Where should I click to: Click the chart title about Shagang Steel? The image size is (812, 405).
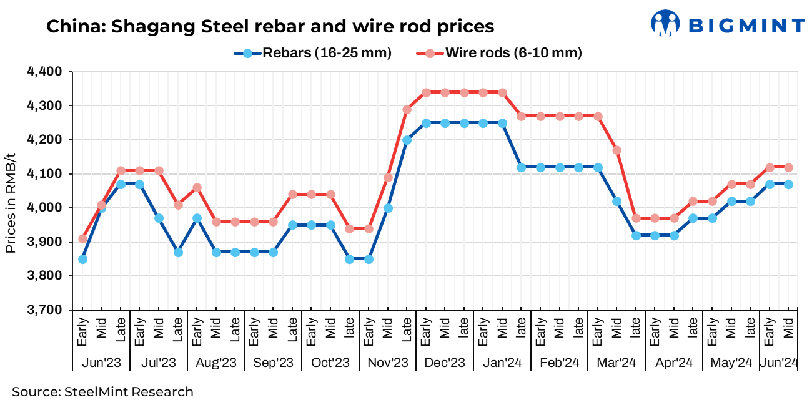pos(270,26)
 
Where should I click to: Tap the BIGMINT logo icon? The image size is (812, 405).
pos(665,24)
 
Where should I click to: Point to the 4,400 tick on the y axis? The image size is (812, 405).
pos(44,72)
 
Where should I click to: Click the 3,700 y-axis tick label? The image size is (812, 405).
pos(44,310)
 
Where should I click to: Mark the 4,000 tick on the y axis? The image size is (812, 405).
pos(44,208)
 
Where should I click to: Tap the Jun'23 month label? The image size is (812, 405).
pos(102,363)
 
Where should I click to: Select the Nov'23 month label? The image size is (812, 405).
pos(388,363)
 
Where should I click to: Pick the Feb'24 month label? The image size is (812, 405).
pos(560,363)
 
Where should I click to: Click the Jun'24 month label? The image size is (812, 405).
pos(778,363)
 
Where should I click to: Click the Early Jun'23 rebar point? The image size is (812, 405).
pos(82,259)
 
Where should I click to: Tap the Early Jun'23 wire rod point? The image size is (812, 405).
pos(82,238)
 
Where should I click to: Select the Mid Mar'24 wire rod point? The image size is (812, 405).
pos(617,150)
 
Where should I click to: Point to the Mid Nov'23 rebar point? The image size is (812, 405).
pos(388,208)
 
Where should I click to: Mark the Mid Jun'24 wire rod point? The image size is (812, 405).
pos(788,167)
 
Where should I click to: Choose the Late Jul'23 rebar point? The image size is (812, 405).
pos(178,252)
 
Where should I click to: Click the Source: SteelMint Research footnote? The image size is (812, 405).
pos(102,392)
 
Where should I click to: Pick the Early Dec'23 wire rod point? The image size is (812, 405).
pos(426,92)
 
